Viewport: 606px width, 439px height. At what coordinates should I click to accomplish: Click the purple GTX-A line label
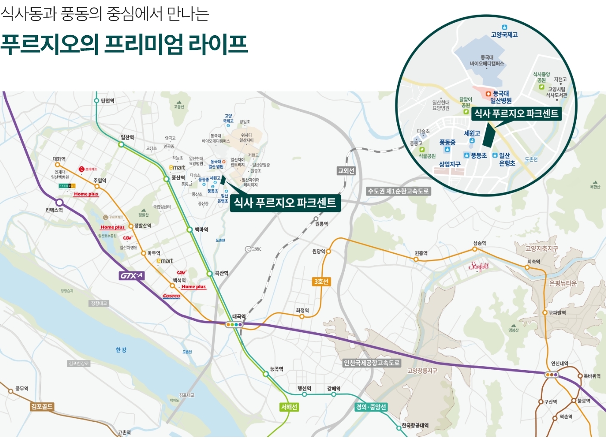[132, 276]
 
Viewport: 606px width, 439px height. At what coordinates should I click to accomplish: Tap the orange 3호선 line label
[321, 282]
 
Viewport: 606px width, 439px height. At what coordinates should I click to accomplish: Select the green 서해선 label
[289, 407]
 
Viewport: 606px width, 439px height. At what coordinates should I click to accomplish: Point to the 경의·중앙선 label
[371, 407]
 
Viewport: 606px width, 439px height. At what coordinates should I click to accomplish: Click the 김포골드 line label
[42, 406]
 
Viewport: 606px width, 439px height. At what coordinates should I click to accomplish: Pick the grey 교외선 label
[346, 171]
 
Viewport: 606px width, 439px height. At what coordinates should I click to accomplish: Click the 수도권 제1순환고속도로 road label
[398, 191]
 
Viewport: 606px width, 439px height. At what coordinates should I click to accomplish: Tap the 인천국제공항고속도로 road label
[372, 363]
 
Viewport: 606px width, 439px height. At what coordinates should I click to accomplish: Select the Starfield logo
[479, 266]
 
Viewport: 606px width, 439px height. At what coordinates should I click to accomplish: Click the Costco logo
[171, 296]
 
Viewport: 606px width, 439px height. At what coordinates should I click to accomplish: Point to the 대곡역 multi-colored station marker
[234, 325]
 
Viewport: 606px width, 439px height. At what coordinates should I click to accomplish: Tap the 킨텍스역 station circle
[59, 203]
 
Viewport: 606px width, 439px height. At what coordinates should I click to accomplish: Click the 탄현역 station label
[108, 101]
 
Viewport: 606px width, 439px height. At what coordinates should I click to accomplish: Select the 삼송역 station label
[479, 243]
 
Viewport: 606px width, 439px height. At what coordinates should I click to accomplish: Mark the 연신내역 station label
[560, 364]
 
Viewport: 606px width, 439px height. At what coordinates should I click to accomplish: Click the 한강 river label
[121, 350]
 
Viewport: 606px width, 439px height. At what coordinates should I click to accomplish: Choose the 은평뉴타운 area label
[563, 283]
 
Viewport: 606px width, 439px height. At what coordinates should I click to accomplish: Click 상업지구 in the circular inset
[450, 164]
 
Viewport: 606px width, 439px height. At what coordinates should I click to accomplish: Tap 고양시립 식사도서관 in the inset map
[557, 92]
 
